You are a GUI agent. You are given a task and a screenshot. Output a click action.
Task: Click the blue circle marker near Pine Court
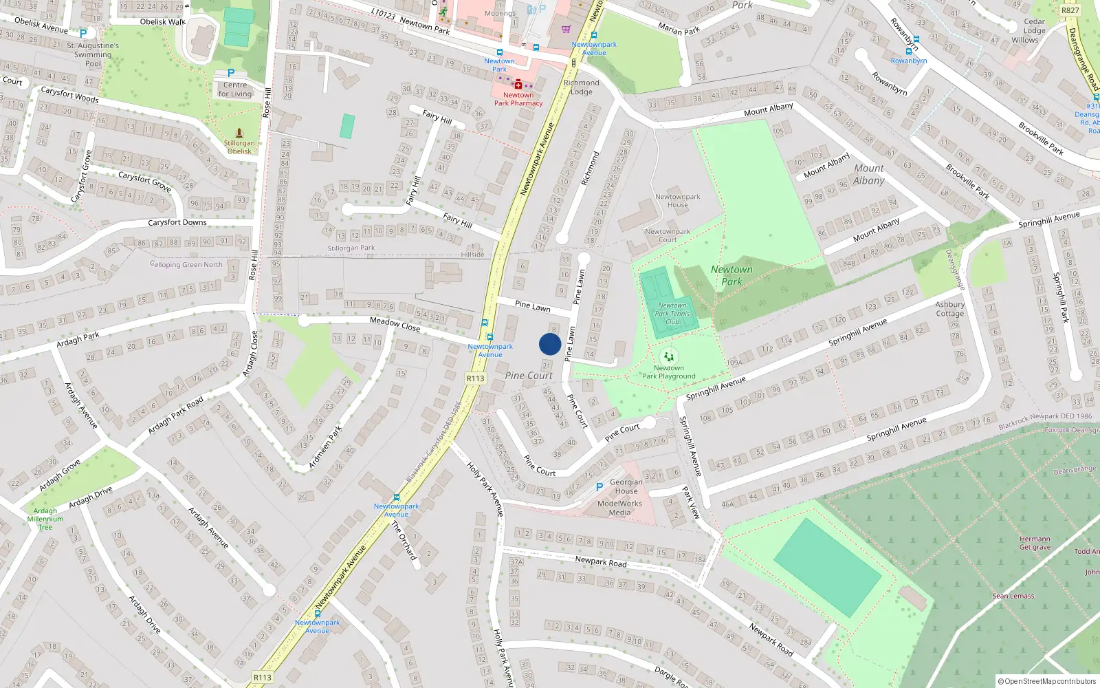[550, 344]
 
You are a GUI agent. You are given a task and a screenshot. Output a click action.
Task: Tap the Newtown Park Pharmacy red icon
[518, 85]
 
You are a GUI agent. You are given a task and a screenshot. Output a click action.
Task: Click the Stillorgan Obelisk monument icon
[239, 132]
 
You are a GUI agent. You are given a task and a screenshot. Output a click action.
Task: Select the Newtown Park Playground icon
[668, 356]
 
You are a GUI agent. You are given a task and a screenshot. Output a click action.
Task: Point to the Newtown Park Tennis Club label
[672, 314]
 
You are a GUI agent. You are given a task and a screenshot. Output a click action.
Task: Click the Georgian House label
[626, 486]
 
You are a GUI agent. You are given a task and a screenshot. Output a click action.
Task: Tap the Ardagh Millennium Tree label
[45, 519]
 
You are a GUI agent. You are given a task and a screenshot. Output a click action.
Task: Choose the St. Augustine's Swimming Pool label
[93, 54]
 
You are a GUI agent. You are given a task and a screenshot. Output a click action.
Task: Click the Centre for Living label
[235, 89]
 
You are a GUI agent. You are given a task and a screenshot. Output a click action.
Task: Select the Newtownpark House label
[677, 200]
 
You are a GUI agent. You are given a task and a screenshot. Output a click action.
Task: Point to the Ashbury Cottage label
[949, 309]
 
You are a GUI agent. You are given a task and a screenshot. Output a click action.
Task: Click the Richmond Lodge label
[581, 87]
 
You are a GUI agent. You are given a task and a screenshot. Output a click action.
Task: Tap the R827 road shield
[1070, 10]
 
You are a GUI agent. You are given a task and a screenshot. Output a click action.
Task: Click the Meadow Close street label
[395, 323]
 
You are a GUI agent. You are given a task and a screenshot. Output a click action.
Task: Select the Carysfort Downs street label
[177, 222]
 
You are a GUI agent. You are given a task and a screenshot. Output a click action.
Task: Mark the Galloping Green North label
[186, 264]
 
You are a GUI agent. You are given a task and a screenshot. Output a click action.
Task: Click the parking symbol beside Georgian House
[599, 486]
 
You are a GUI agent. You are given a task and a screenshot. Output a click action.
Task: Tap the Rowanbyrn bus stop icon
[909, 51]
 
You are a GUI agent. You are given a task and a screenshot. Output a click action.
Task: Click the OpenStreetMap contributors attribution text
[1047, 681]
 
